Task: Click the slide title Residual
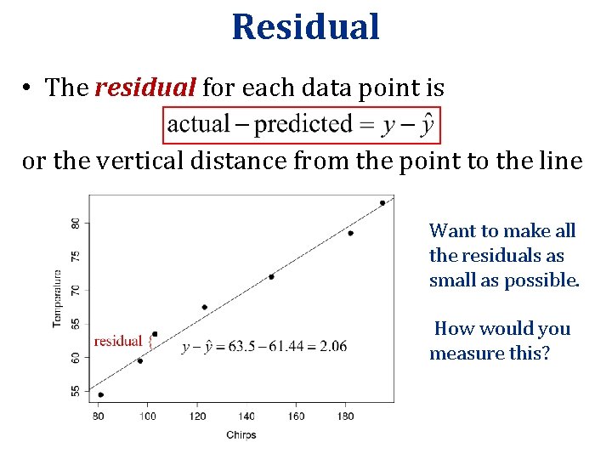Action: (x=305, y=26)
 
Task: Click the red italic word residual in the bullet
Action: (x=146, y=87)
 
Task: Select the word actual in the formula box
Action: (x=199, y=125)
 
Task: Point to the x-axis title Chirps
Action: (x=241, y=435)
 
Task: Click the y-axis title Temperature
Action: (x=58, y=298)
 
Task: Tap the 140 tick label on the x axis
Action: (x=246, y=416)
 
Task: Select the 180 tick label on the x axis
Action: (x=346, y=416)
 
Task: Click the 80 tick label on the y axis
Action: (x=76, y=223)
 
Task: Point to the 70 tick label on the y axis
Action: (x=76, y=290)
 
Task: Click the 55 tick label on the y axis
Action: (x=76, y=391)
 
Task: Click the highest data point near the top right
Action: (x=382, y=203)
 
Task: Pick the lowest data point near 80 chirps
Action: (x=101, y=394)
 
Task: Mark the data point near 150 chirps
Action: (x=271, y=276)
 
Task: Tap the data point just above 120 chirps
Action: (x=205, y=307)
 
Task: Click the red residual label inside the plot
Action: (x=118, y=342)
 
